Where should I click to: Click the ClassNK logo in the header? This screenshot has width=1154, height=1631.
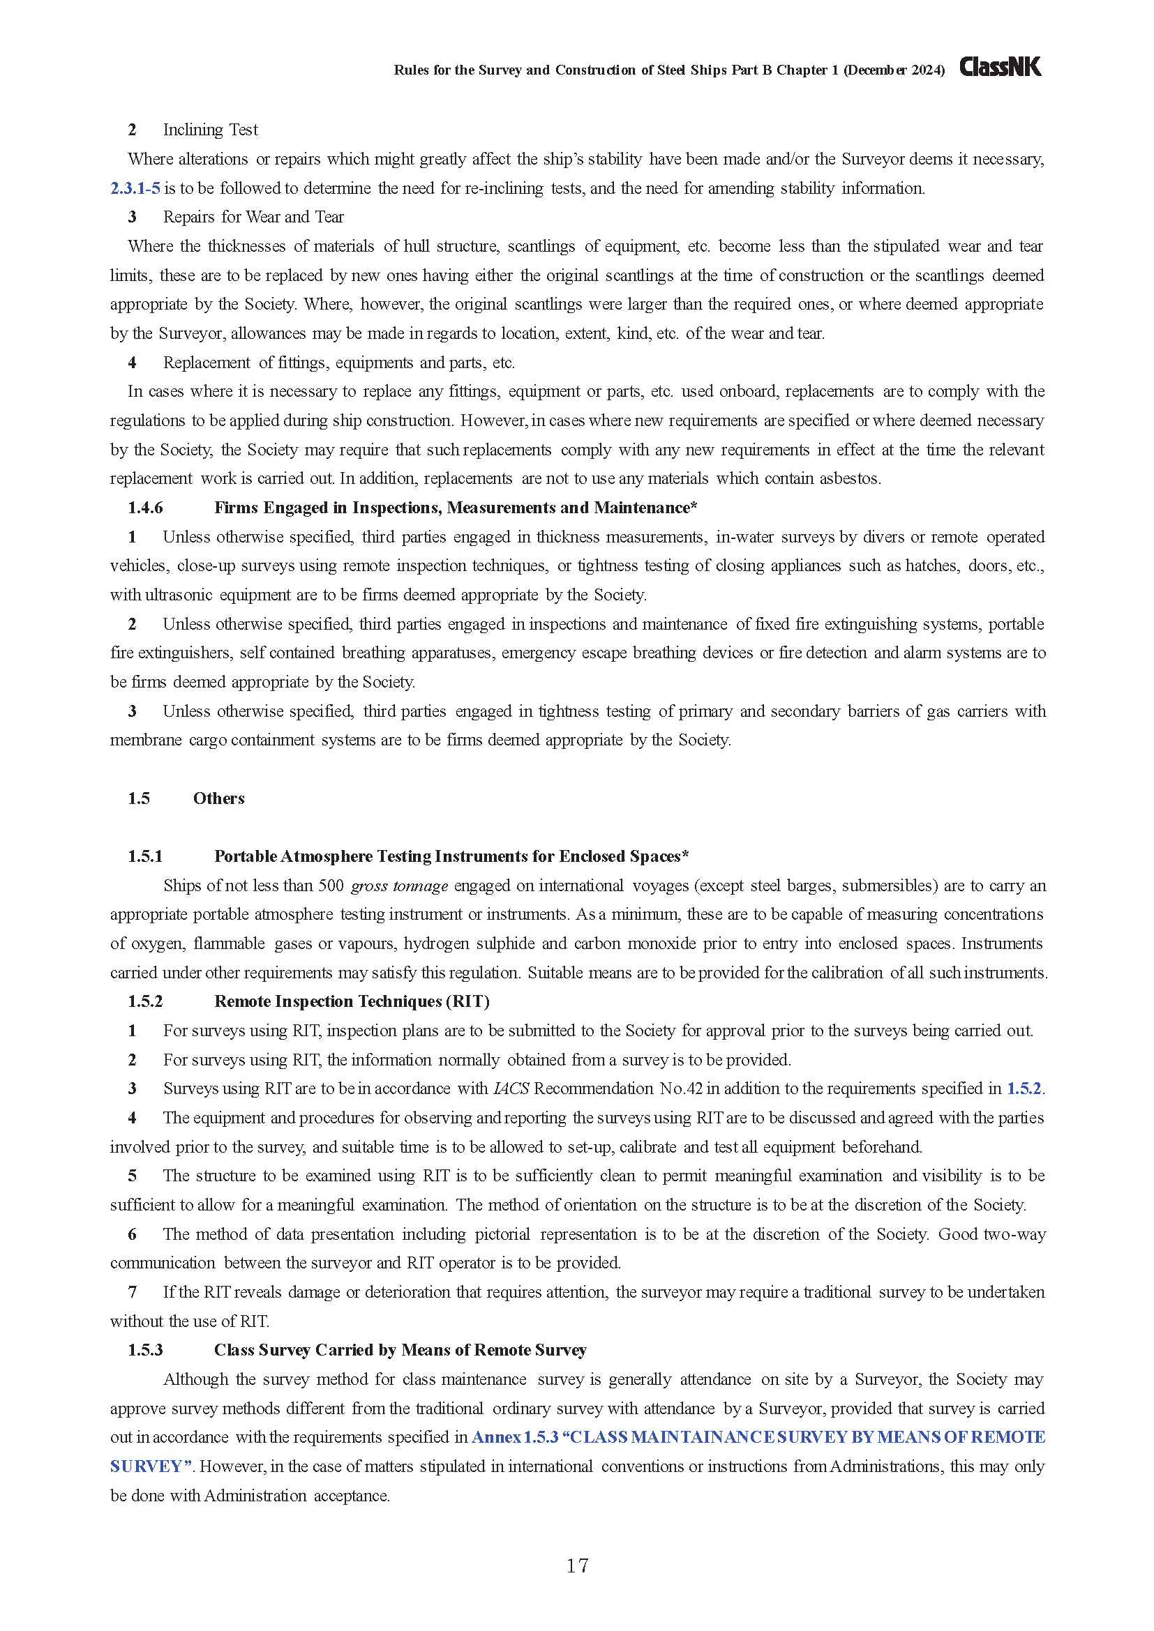[x=1000, y=67]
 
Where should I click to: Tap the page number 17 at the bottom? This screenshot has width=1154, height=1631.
[x=577, y=1565]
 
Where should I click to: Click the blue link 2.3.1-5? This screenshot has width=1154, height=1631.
[x=135, y=188]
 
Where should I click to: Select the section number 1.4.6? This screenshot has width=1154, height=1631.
[x=145, y=508]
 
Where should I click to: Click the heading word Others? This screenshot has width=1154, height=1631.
[x=219, y=798]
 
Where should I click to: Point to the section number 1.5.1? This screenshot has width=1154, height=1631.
[x=145, y=857]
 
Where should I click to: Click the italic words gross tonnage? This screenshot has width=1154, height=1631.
[x=399, y=886]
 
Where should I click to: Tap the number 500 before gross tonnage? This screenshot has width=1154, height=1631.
[x=331, y=886]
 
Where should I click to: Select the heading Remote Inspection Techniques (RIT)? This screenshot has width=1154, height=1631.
[x=352, y=1001]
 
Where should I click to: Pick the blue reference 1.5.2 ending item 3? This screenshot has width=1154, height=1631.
[x=1024, y=1089]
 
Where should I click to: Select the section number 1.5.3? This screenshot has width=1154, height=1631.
[x=145, y=1351]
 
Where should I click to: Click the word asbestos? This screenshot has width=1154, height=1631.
[x=849, y=479]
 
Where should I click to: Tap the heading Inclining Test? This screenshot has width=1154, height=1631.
[x=210, y=130]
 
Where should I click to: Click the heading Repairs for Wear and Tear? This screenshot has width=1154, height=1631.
[x=253, y=218]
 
